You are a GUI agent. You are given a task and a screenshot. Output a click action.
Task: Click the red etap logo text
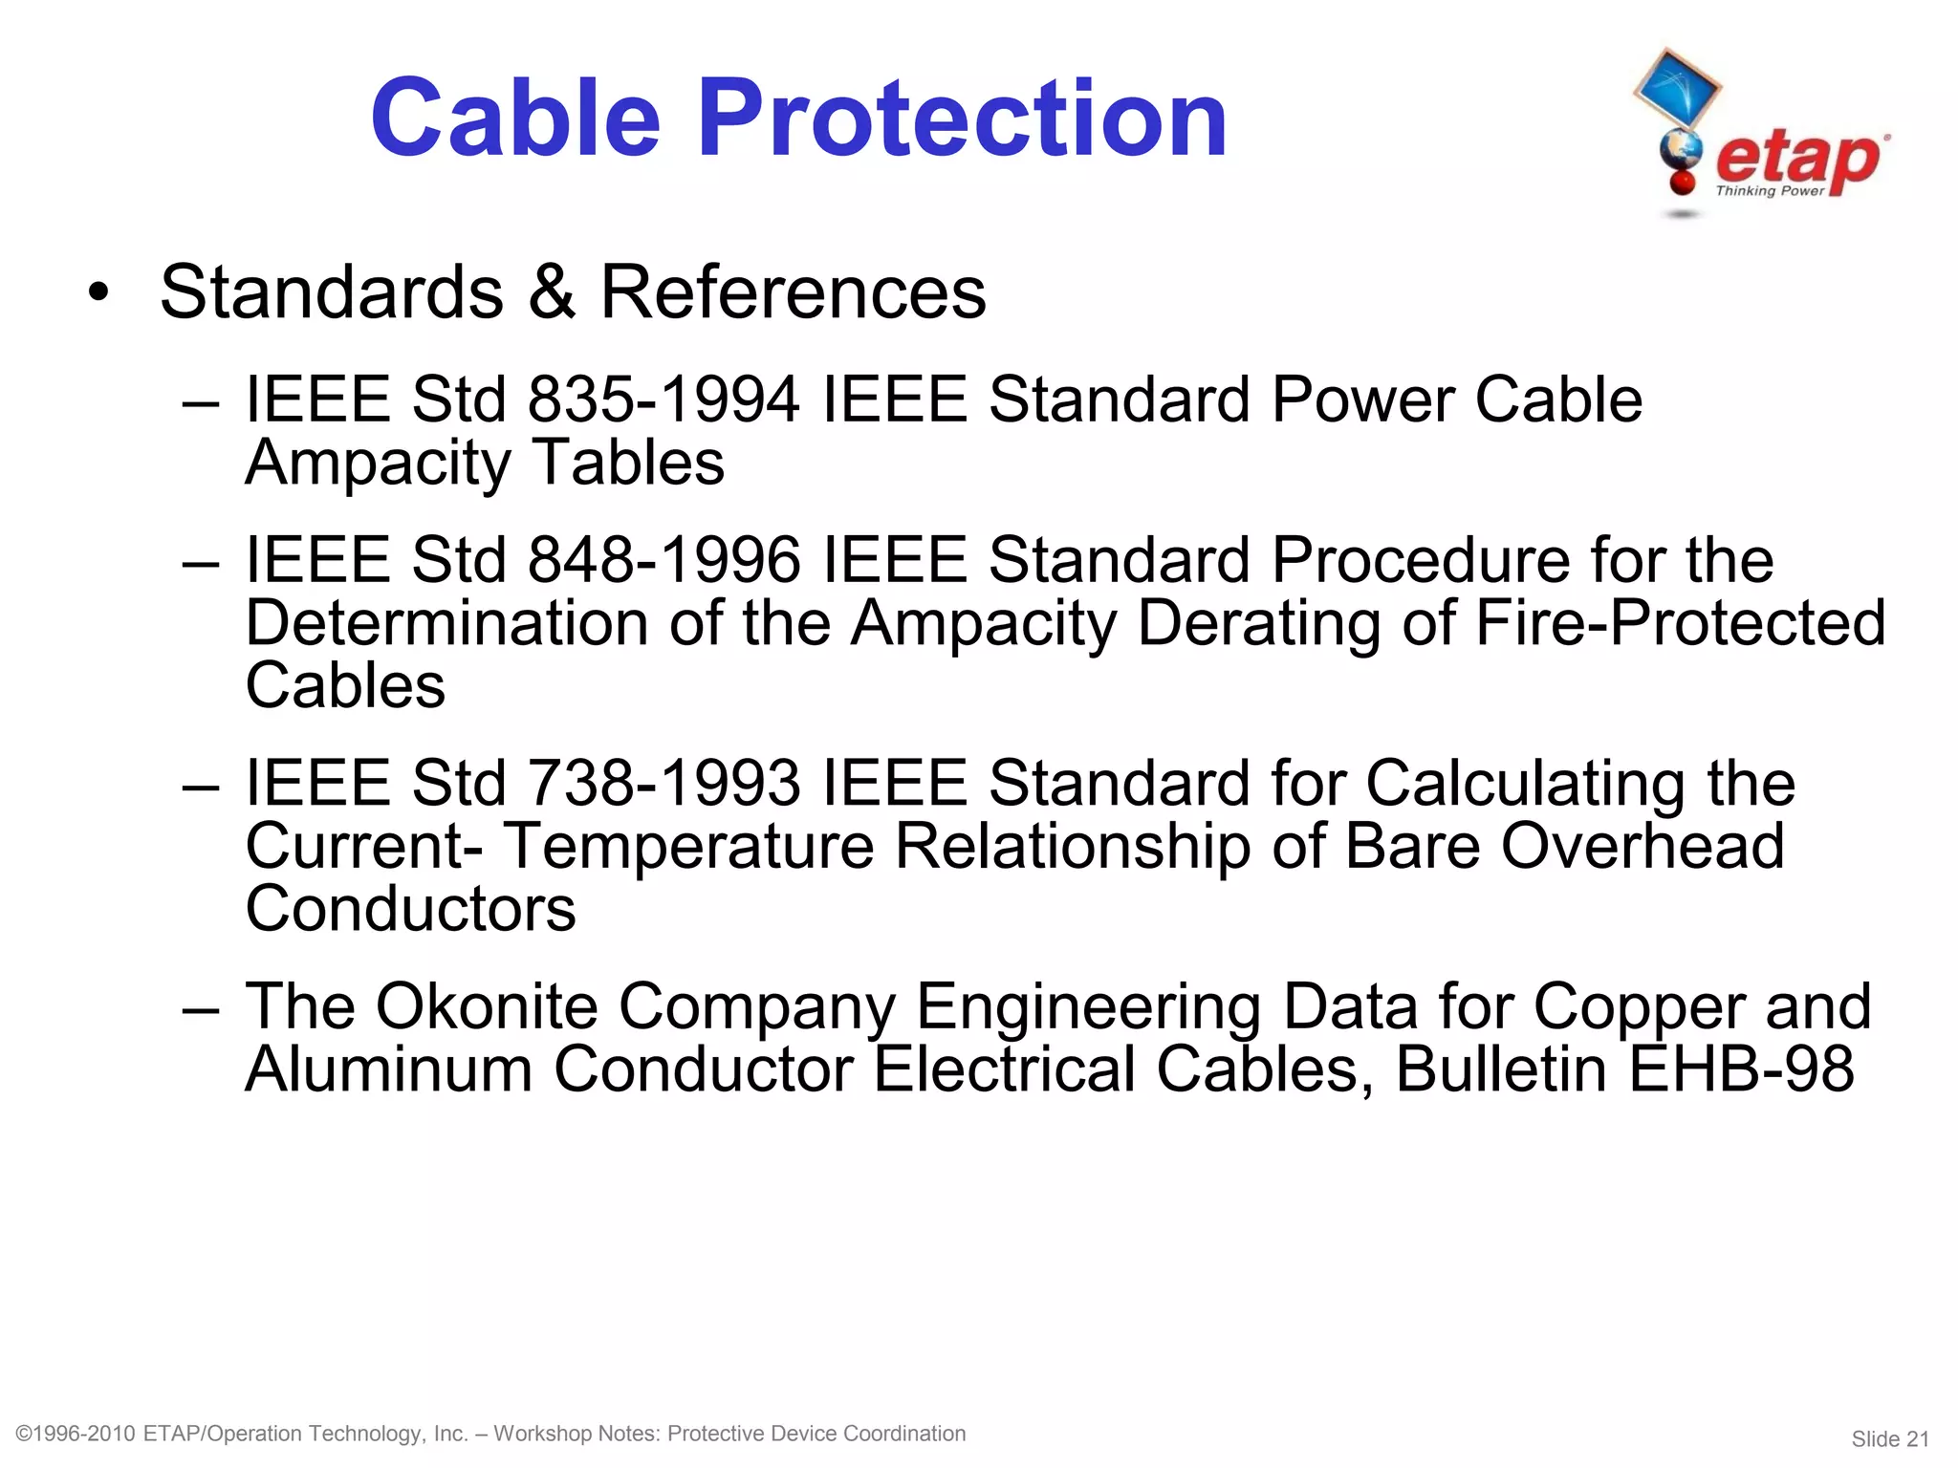click(x=1798, y=159)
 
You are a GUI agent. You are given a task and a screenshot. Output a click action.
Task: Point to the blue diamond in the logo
click(x=1676, y=87)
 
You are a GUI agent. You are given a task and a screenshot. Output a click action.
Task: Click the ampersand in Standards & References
click(x=552, y=291)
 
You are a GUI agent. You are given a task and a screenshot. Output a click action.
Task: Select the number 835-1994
click(x=664, y=399)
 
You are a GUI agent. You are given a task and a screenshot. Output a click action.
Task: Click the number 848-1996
click(x=664, y=559)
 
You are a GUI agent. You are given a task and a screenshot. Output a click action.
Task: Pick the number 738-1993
click(x=664, y=783)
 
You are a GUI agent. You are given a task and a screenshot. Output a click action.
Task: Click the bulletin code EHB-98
click(x=1740, y=1069)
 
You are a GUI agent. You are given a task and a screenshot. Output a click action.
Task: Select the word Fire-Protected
click(x=1680, y=622)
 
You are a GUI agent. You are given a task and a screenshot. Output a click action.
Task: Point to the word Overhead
click(x=1642, y=846)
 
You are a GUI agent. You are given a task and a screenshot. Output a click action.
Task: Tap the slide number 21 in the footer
click(x=1917, y=1439)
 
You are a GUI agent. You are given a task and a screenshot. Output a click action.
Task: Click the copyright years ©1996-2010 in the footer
click(x=76, y=1434)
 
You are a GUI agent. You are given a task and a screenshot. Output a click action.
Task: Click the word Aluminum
click(x=388, y=1069)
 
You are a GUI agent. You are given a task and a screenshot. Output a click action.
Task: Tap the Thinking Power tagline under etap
click(x=1770, y=191)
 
